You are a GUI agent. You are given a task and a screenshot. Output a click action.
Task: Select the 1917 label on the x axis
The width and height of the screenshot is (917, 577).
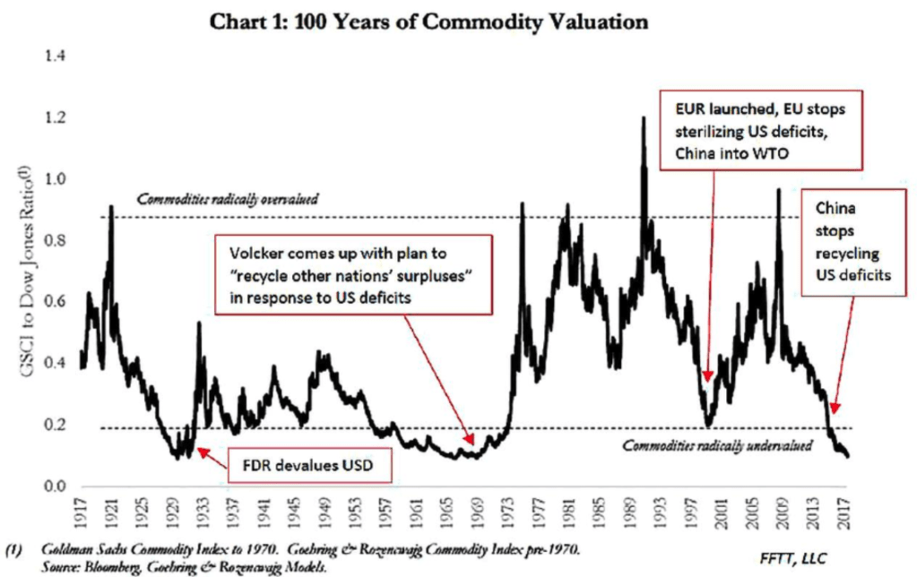point(82,515)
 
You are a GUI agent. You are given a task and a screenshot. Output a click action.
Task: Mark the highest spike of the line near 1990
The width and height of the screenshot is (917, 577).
point(643,117)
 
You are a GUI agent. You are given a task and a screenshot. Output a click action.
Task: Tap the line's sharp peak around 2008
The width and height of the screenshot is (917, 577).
point(778,189)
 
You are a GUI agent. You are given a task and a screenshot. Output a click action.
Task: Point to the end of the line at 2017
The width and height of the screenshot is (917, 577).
point(848,456)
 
